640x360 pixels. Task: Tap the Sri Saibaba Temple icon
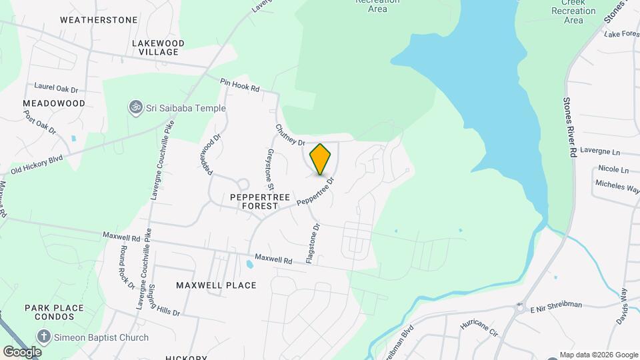coord(135,108)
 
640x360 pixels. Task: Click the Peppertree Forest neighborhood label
coord(253,202)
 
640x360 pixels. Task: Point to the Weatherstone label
coord(99,20)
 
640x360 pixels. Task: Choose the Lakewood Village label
coord(158,47)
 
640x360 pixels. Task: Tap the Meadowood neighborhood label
coord(54,103)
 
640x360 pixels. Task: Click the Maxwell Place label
coord(216,285)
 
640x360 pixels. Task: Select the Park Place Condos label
coord(55,312)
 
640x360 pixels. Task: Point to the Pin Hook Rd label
coord(240,85)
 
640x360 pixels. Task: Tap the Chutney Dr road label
coord(289,134)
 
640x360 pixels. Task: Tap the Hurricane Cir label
coord(479,327)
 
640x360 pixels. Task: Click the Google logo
coord(22,351)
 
